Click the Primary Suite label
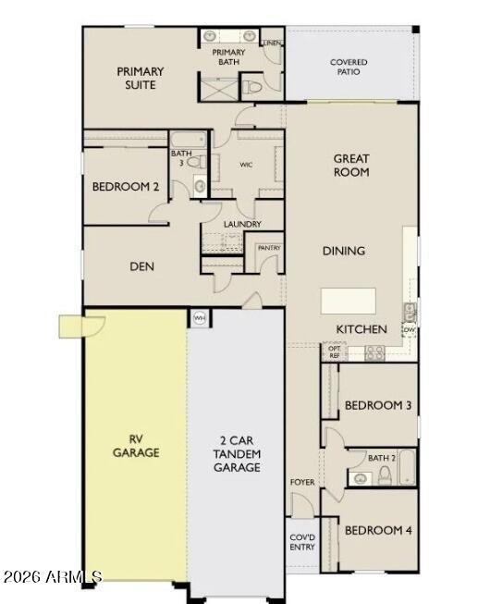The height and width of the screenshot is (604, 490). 141,79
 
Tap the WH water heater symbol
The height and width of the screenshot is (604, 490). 199,318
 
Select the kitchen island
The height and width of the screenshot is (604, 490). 349,301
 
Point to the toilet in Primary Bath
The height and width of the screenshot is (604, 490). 252,87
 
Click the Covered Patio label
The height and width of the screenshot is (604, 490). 349,67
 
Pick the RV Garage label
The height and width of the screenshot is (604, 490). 136,446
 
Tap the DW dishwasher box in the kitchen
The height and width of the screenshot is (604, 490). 409,330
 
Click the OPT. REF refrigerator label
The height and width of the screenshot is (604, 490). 334,352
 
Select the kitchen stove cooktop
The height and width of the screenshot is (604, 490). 374,352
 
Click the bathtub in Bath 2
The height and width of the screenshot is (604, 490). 407,468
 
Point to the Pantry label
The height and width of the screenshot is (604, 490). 269,248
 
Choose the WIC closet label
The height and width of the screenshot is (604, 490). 246,165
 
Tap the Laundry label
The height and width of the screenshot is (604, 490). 242,224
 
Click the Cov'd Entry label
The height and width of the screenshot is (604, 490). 302,542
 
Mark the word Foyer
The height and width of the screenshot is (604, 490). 302,482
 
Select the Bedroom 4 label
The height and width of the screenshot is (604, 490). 378,530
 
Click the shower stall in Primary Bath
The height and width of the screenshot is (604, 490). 217,89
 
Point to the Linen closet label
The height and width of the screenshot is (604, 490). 272,43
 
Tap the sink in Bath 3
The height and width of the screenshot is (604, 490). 200,187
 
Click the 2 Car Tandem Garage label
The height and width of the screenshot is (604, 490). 237,454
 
